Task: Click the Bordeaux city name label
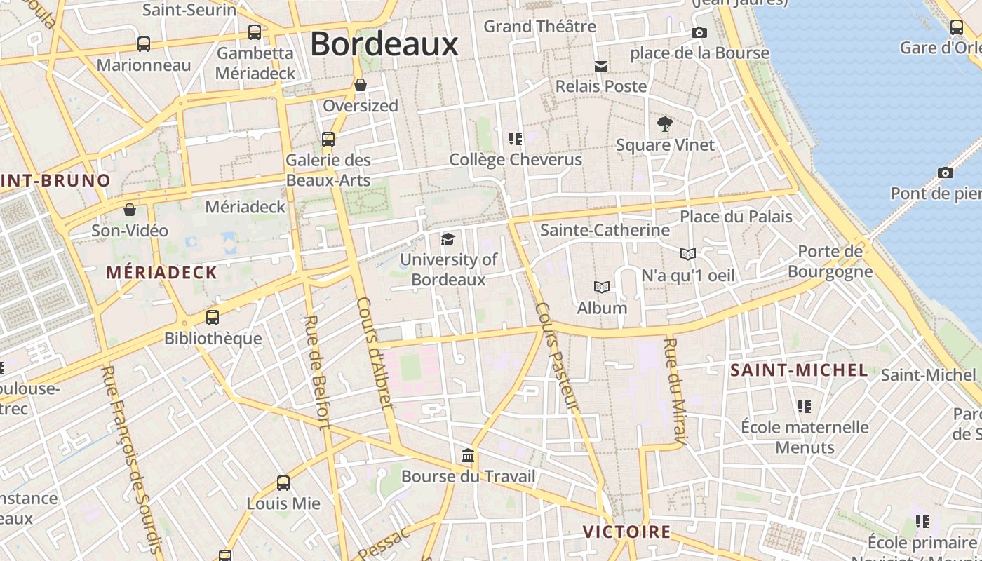(x=384, y=43)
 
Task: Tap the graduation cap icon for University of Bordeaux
(x=448, y=240)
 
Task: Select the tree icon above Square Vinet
(x=665, y=125)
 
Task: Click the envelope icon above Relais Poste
(x=601, y=67)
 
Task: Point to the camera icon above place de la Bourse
(x=699, y=32)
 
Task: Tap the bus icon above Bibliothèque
(x=213, y=318)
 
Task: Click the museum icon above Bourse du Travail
(x=468, y=457)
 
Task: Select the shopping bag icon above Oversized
(x=361, y=86)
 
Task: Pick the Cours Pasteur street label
(x=557, y=356)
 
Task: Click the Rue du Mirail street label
(x=674, y=393)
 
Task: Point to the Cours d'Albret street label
(x=375, y=352)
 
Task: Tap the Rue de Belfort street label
(x=316, y=371)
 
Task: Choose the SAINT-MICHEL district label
(x=799, y=370)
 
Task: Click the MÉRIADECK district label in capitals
(x=161, y=273)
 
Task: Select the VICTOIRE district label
(x=627, y=532)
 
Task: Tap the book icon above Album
(x=601, y=287)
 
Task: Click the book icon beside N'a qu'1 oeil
(x=688, y=254)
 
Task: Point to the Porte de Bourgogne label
(x=830, y=261)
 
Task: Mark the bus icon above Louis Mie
(x=283, y=483)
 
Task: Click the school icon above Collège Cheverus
(x=516, y=139)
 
